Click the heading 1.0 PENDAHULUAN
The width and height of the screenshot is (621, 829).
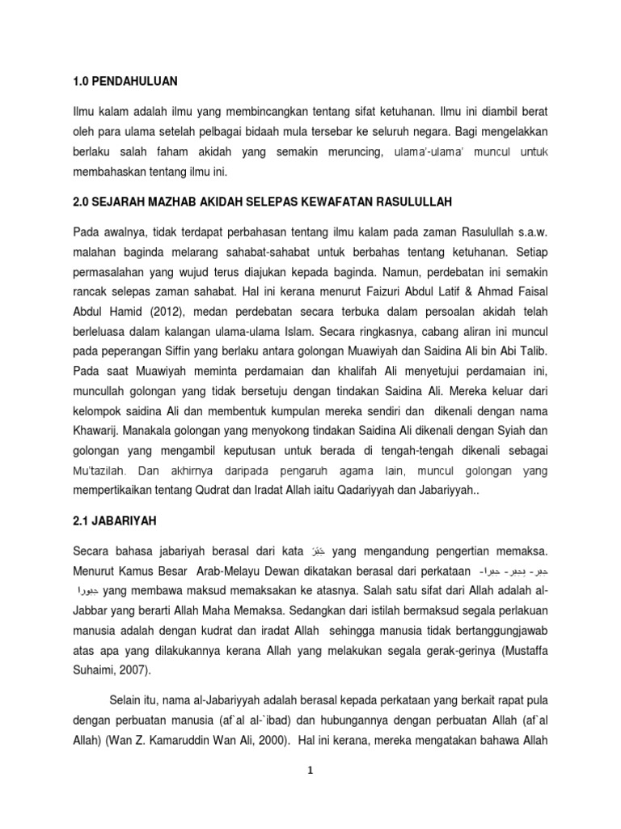pyautogui.click(x=125, y=82)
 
